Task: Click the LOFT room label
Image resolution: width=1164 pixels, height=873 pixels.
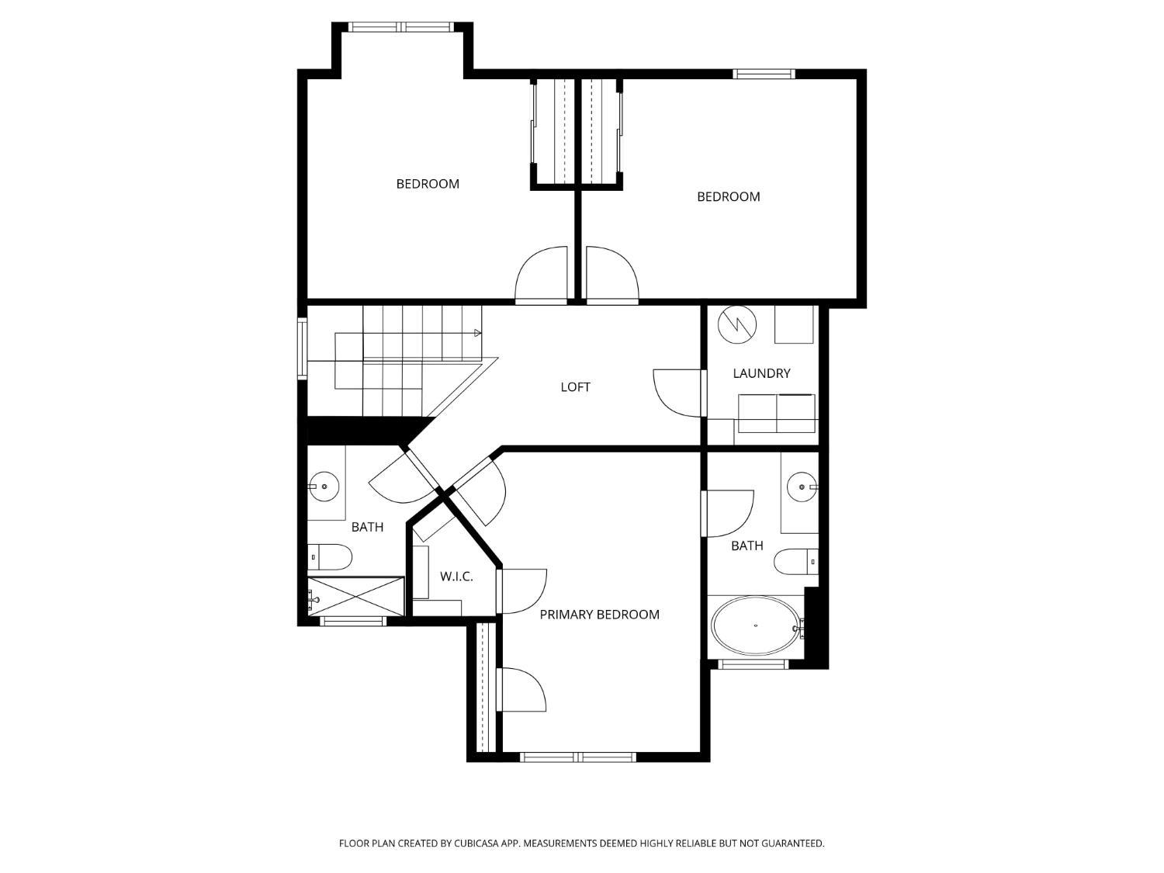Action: (575, 386)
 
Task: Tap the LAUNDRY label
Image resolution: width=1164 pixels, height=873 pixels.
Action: (761, 373)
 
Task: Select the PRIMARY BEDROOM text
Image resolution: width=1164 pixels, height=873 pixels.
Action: (599, 615)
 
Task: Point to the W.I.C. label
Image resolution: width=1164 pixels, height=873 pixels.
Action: (456, 577)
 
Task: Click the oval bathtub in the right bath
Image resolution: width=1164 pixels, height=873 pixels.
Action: (755, 625)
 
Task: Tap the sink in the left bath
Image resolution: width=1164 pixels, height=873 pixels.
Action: (324, 487)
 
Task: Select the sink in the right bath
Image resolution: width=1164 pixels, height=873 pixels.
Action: (801, 487)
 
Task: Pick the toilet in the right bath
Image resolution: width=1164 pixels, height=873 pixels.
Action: (796, 561)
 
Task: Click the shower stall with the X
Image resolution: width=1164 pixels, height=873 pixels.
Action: (356, 596)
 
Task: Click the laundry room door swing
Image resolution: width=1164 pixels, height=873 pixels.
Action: (677, 392)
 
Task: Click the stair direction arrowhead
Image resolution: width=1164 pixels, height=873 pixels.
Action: (478, 333)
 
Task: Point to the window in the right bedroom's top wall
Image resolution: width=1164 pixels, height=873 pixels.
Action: (764, 74)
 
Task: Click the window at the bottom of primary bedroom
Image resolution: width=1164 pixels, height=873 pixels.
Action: (578, 757)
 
